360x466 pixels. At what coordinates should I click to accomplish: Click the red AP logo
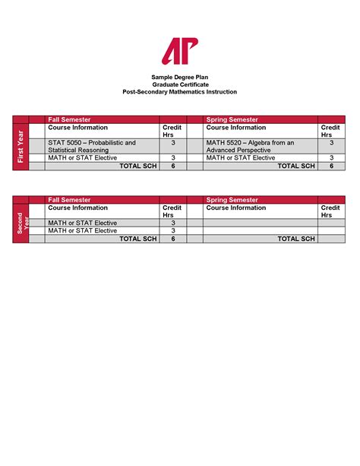(179, 51)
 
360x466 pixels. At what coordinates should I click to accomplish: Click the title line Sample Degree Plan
(180, 78)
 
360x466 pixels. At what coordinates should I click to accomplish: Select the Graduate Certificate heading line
(180, 84)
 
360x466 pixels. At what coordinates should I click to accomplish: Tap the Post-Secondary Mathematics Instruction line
(180, 92)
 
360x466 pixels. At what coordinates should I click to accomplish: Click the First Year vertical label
(21, 146)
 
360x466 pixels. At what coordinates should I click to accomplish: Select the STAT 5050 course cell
(92, 146)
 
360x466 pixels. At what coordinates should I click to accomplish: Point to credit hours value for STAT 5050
(173, 143)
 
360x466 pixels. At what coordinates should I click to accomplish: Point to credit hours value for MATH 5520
(331, 143)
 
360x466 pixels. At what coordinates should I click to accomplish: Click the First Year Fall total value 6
(173, 166)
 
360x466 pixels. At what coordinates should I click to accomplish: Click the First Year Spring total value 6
(331, 166)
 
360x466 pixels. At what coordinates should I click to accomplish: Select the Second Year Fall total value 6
(173, 239)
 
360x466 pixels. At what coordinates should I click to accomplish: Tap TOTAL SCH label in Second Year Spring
(296, 239)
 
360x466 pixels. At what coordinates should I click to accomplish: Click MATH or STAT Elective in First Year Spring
(241, 158)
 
